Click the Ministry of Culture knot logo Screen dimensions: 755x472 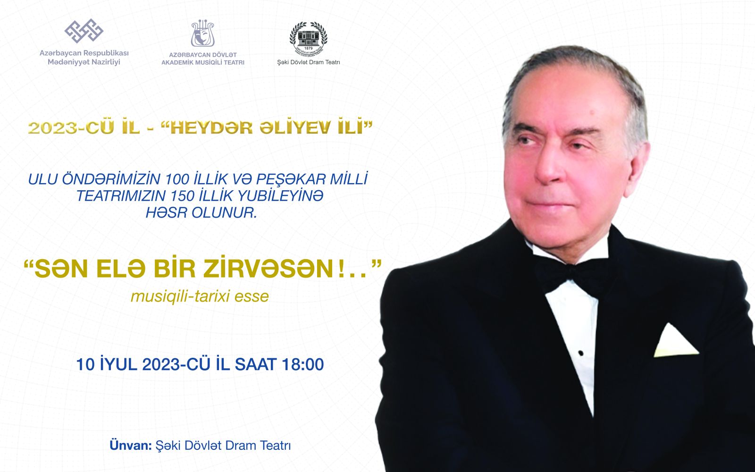(84, 31)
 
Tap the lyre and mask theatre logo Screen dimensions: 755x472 (202, 34)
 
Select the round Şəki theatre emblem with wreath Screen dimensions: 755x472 (309, 39)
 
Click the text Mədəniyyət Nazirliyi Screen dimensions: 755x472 (84, 62)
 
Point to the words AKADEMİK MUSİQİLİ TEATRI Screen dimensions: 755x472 (203, 63)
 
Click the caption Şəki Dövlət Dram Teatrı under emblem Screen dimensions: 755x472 (309, 62)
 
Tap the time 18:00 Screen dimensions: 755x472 (302, 365)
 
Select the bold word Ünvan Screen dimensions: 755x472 (130, 446)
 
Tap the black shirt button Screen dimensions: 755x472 (581, 353)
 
